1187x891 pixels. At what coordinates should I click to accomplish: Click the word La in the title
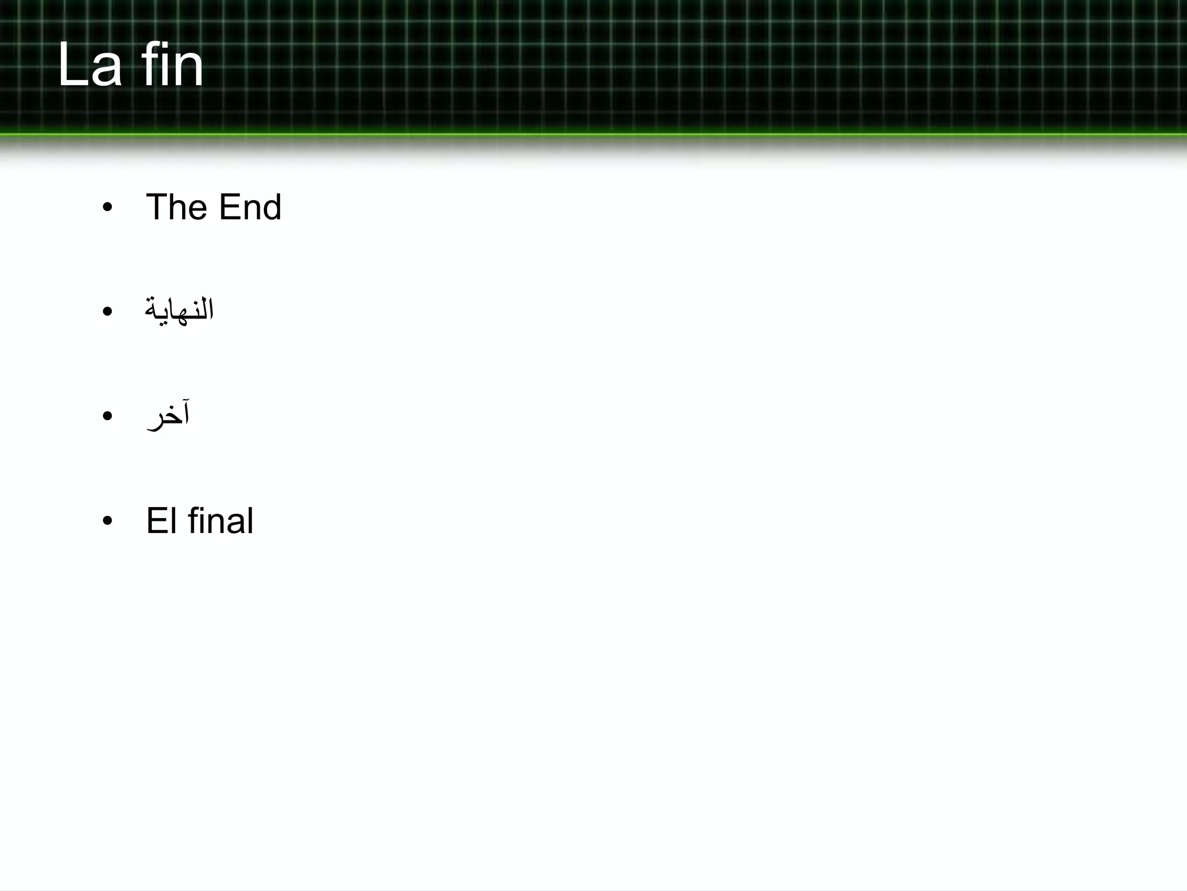click(90, 65)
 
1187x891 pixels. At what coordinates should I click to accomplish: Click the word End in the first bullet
click(250, 207)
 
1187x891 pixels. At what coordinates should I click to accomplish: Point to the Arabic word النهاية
click(179, 310)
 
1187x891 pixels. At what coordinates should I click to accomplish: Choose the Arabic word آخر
click(168, 415)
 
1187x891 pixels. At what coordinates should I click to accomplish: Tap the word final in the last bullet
click(221, 520)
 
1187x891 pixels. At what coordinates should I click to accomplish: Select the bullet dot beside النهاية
click(107, 312)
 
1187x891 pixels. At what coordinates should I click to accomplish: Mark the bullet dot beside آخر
click(107, 416)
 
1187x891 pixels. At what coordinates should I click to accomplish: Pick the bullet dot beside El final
click(107, 521)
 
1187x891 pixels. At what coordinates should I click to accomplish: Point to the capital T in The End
click(158, 207)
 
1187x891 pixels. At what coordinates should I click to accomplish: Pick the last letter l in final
click(250, 520)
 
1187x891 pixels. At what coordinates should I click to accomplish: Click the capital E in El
click(155, 520)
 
